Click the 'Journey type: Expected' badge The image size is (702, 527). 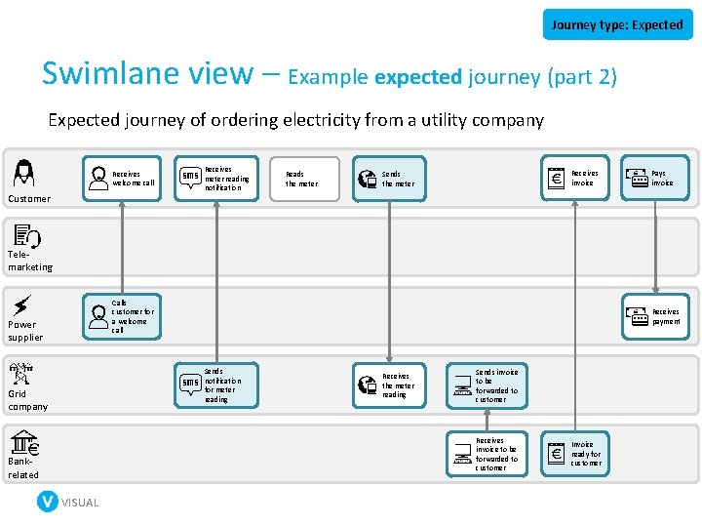[617, 24]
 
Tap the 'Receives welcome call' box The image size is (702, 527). [122, 178]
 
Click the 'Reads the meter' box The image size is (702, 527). [304, 179]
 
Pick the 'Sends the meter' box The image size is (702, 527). [388, 179]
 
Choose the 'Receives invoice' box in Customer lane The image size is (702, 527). [574, 178]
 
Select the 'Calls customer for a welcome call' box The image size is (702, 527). [122, 316]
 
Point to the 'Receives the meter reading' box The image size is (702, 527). [388, 385]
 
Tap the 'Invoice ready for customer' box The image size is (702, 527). [575, 454]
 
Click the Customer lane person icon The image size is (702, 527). [23, 173]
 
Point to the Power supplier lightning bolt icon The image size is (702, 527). [22, 304]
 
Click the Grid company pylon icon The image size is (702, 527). [21, 374]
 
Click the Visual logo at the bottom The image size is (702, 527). [67, 502]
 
